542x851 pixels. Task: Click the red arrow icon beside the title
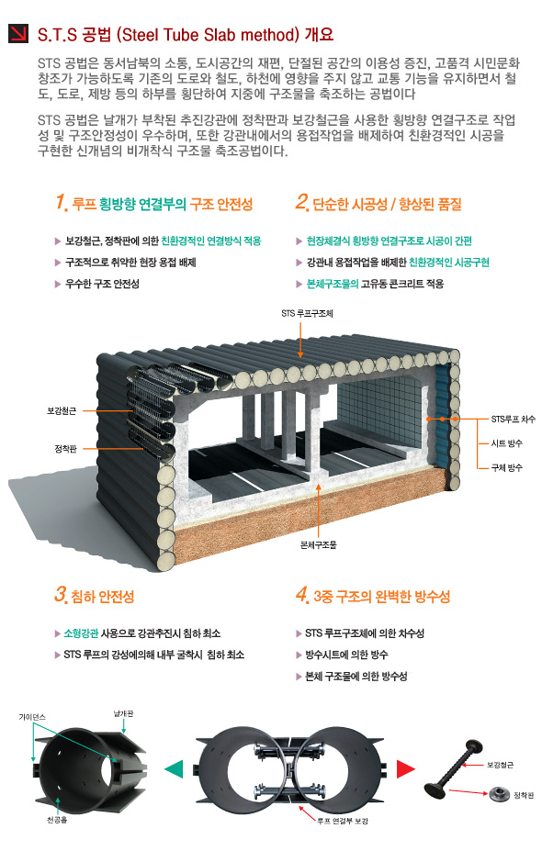(x=18, y=34)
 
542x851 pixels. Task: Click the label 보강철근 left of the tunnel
(x=62, y=411)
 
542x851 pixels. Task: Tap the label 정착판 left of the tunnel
(x=65, y=449)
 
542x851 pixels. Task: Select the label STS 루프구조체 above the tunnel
(x=307, y=313)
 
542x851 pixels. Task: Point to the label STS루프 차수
(x=513, y=419)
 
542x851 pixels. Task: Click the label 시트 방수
(x=506, y=443)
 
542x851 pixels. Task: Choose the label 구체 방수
(x=506, y=467)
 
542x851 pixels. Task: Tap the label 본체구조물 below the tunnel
(x=318, y=545)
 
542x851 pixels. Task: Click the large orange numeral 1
(x=61, y=202)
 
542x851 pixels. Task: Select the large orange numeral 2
(x=302, y=202)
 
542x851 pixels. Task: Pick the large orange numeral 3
(x=61, y=594)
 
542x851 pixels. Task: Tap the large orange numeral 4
(x=302, y=594)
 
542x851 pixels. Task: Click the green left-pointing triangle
(x=174, y=769)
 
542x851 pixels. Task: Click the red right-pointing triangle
(x=405, y=769)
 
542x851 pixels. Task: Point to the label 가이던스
(x=32, y=717)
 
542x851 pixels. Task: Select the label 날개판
(x=123, y=713)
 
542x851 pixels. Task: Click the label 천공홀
(x=56, y=820)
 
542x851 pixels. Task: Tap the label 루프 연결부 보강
(x=343, y=821)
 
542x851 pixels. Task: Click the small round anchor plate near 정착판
(x=499, y=795)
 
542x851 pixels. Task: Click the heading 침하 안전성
(x=103, y=597)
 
